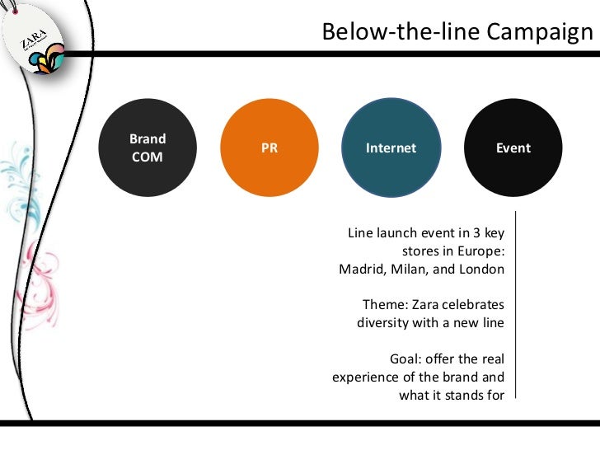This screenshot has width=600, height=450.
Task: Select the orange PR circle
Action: point(270,148)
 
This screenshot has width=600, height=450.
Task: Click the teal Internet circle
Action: point(391,148)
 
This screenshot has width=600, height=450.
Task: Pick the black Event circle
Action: point(513,148)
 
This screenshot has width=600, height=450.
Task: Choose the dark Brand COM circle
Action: point(148,148)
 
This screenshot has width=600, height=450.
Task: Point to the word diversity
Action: point(384,322)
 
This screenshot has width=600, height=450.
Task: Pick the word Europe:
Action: point(480,251)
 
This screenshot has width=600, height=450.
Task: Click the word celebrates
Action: point(473,305)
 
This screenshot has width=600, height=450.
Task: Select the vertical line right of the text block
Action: point(516,305)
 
